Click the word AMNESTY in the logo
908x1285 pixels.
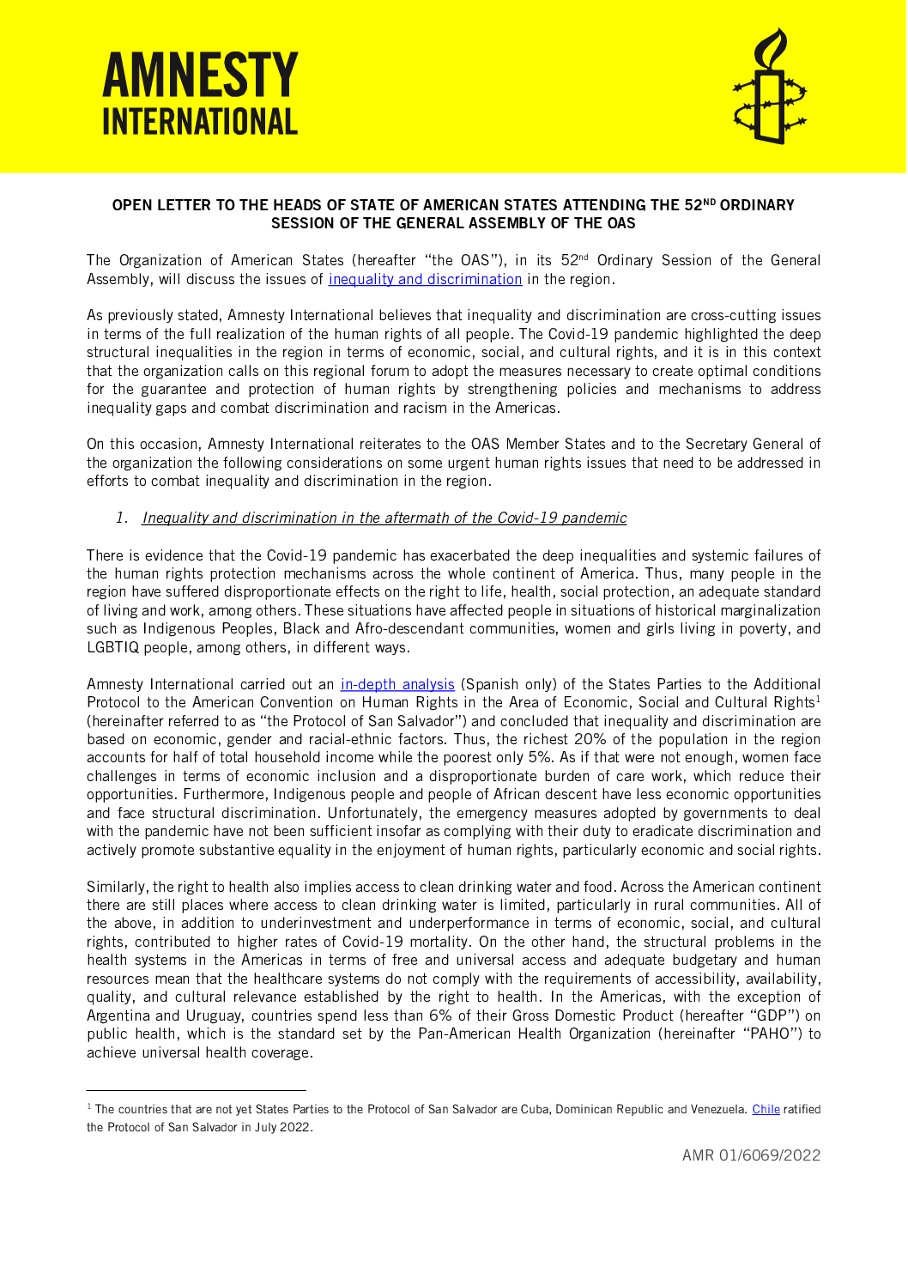pyautogui.click(x=200, y=76)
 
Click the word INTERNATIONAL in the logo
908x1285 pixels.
pyautogui.click(x=200, y=122)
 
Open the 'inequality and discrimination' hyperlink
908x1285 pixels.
pyautogui.click(x=425, y=279)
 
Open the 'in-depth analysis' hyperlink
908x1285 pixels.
pyautogui.click(x=397, y=684)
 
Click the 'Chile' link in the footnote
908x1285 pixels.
pyautogui.click(x=766, y=1109)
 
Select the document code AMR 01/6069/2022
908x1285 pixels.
pyautogui.click(x=751, y=1155)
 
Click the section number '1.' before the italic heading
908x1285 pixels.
pyautogui.click(x=122, y=518)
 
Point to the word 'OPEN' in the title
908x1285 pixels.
pyautogui.click(x=132, y=205)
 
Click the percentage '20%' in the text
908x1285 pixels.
pyautogui.click(x=590, y=739)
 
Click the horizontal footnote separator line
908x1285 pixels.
pyautogui.click(x=197, y=1090)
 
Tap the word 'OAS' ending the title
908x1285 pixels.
pyautogui.click(x=621, y=223)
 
